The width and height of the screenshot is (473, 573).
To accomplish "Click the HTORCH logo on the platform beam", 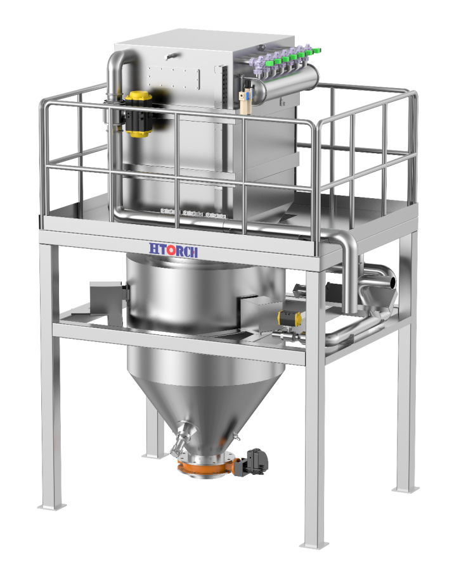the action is (173, 250).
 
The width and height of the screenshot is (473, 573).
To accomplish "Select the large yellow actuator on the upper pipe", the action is (138, 114).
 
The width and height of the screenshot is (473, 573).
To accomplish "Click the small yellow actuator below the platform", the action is (289, 318).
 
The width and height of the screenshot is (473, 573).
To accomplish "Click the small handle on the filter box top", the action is (172, 56).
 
